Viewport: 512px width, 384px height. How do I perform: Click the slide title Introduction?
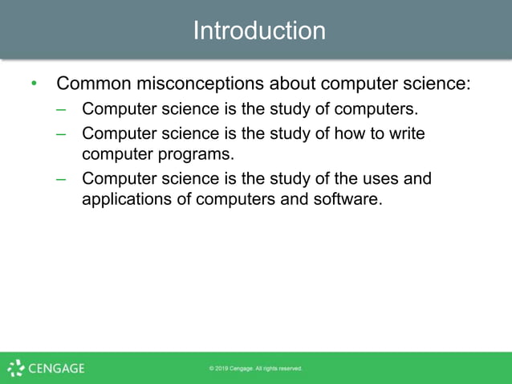tap(259, 31)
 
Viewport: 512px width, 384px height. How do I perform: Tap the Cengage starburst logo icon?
tap(16, 368)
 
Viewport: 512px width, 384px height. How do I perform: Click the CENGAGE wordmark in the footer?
tap(56, 369)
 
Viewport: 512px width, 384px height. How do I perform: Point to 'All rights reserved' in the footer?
tap(280, 369)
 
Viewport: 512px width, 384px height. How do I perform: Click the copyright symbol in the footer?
tap(212, 369)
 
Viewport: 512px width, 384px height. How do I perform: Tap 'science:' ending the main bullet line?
tap(437, 84)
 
